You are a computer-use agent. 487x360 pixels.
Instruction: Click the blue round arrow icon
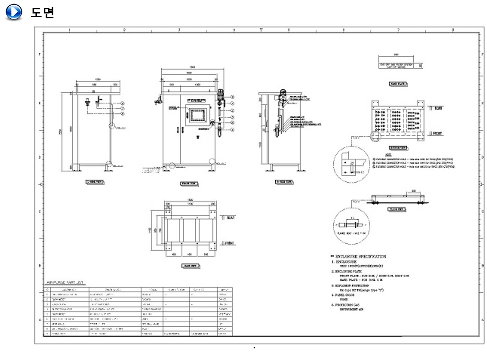13,12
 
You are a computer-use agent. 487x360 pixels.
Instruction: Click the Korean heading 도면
42,12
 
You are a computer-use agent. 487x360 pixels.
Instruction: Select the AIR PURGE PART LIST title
65,283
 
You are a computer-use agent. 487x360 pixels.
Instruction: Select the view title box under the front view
189,183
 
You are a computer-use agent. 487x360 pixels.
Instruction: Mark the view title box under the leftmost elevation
95,182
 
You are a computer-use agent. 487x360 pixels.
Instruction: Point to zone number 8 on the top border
453,30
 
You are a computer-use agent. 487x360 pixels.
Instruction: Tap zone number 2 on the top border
125,30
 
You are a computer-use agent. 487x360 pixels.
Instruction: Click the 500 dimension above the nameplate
396,55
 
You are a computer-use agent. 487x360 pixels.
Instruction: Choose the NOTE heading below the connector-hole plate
389,155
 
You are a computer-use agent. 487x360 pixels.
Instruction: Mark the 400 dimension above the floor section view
414,191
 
